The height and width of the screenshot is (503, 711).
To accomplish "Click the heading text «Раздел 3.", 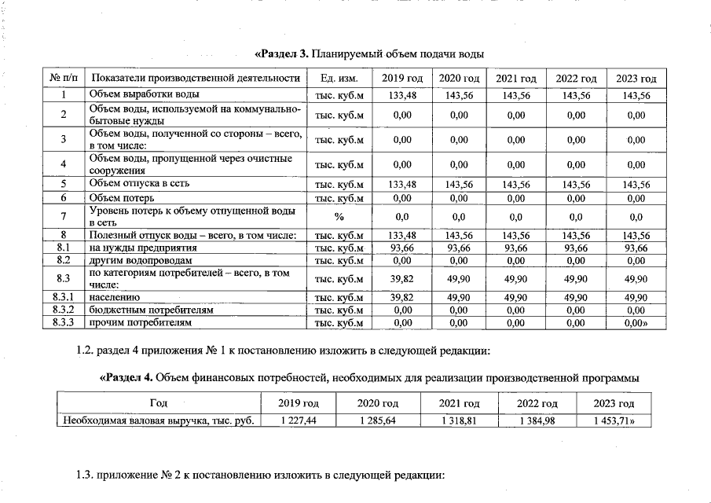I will [x=282, y=54].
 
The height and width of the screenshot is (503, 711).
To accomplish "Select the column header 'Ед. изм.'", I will [x=339, y=79].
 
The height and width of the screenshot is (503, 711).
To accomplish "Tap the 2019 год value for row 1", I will [x=401, y=95].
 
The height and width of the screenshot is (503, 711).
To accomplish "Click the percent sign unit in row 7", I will [x=339, y=216].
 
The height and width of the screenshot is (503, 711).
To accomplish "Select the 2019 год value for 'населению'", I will [x=401, y=298].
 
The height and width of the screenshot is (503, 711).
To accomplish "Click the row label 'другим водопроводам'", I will [x=140, y=260].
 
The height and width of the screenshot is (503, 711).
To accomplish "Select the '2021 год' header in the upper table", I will [x=515, y=79].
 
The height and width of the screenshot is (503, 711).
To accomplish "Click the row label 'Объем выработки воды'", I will [x=143, y=95].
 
